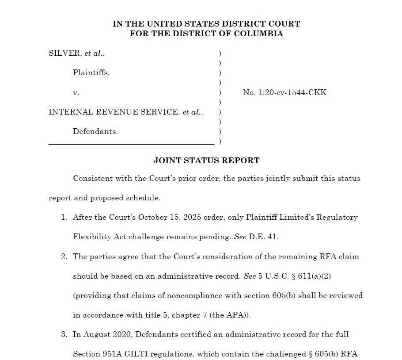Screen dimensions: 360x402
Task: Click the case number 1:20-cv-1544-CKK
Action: tap(284, 92)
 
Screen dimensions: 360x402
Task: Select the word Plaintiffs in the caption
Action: tap(91, 73)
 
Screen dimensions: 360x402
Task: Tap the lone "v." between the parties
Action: tap(76, 93)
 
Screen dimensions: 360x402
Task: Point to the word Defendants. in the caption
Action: tap(95, 131)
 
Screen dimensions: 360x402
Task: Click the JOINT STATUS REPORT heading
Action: tap(206, 161)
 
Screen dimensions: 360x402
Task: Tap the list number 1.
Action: tap(64, 218)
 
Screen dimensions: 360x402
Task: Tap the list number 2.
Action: tap(64, 257)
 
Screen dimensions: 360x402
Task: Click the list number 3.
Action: tap(64, 334)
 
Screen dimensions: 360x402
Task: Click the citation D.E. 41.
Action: tap(263, 237)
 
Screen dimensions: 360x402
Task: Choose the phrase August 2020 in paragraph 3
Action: tap(105, 334)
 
